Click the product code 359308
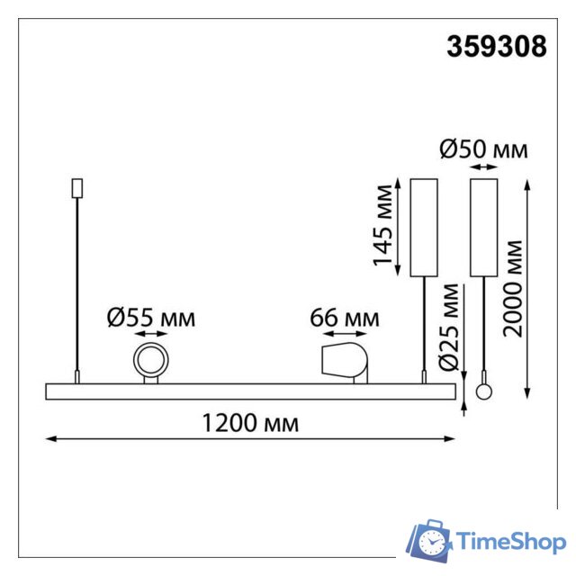pyautogui.click(x=496, y=47)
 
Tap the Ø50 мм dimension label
pyautogui.click(x=483, y=150)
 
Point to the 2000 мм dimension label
pyautogui.click(x=513, y=287)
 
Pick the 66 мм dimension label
pyautogui.click(x=345, y=318)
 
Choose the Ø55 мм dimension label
pyautogui.click(x=150, y=318)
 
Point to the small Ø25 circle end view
pyautogui.click(x=485, y=391)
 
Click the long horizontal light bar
pyautogui.click(x=250, y=391)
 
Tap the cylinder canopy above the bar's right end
pyautogui.click(x=423, y=227)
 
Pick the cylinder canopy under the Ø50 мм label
pyautogui.click(x=484, y=227)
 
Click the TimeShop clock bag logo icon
pyautogui.click(x=430, y=540)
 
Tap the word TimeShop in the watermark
pyautogui.click(x=511, y=542)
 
